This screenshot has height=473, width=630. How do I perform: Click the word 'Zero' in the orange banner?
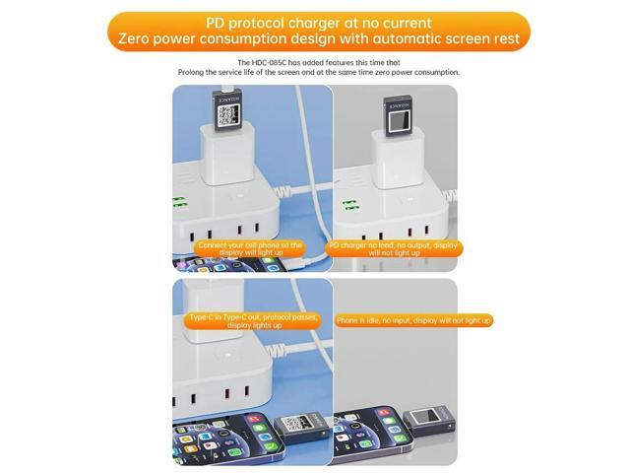point(139,40)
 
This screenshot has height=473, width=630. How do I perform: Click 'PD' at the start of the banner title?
point(219,22)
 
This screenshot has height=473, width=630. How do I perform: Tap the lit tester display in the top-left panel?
point(229,113)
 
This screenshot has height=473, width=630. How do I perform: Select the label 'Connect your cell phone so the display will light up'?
point(250,248)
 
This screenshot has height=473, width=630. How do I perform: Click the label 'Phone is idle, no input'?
point(413,320)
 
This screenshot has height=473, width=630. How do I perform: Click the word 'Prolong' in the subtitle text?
point(194,73)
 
